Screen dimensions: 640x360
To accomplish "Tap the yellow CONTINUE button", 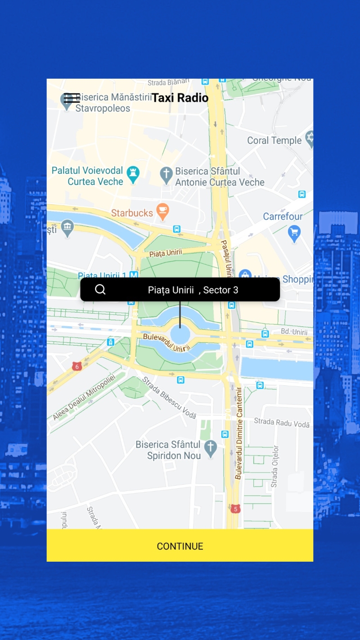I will (180, 545).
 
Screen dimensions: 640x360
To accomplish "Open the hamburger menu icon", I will (72, 98).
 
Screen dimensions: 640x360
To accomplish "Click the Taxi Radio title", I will (180, 98).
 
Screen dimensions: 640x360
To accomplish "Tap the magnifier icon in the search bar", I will (100, 289).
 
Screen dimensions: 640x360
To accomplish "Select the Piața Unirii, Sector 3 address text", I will (193, 290).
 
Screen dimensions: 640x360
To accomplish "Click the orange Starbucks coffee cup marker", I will (162, 212).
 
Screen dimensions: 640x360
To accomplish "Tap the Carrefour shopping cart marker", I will (294, 233).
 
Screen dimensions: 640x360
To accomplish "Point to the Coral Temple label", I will (274, 140).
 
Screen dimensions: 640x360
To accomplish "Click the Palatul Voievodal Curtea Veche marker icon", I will (133, 174).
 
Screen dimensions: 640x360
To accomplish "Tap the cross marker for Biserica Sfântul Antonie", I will (166, 175).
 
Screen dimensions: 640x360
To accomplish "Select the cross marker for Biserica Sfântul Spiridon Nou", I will (210, 447).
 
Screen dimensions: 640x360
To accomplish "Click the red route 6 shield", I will (77, 366).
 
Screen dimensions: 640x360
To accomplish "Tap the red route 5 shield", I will (235, 509).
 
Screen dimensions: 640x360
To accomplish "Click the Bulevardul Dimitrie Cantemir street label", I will (238, 433).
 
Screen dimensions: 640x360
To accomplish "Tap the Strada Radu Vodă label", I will (282, 423).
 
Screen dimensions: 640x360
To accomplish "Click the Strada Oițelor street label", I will (274, 466).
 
